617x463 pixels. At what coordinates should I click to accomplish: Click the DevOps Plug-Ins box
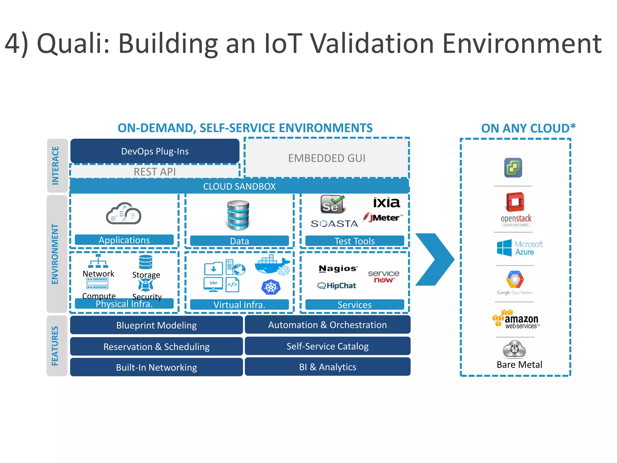(155, 151)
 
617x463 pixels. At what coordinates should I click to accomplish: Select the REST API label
(155, 172)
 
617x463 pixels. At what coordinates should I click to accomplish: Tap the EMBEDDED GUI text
(327, 158)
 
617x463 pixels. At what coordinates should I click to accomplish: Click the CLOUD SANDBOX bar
(239, 186)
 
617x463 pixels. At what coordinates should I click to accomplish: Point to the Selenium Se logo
(331, 204)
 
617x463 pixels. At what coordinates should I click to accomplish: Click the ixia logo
(386, 203)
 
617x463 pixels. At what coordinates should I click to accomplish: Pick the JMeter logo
(383, 217)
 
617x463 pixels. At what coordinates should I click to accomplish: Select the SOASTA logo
(334, 224)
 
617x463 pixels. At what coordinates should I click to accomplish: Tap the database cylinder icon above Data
(238, 215)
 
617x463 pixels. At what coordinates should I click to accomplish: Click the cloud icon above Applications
(124, 213)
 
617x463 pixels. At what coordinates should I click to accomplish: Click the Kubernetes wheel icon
(271, 287)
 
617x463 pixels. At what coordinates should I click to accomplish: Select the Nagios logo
(338, 268)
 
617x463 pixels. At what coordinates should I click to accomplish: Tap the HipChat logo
(337, 285)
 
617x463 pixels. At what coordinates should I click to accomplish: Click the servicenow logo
(384, 276)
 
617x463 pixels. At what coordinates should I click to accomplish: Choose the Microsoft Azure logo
(519, 248)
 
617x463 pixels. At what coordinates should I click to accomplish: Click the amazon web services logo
(516, 319)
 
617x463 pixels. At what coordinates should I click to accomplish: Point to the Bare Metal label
(519, 365)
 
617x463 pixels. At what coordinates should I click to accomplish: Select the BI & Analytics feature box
(327, 367)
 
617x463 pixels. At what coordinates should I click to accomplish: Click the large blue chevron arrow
(435, 259)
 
